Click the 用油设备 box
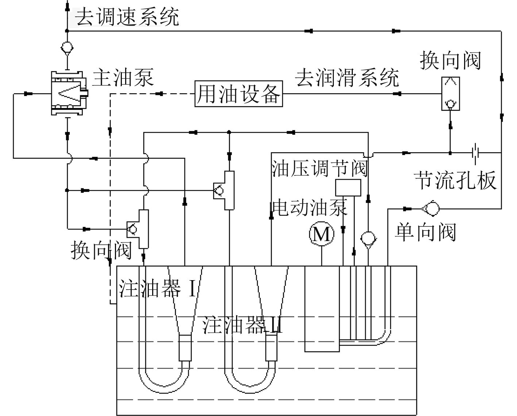239,94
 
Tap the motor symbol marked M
321,234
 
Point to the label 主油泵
123,78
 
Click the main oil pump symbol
69,93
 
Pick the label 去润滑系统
347,77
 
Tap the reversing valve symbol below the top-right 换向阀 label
450,94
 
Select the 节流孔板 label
455,180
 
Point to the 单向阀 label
425,232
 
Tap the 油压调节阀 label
320,169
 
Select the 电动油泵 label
310,207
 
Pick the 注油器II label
243,325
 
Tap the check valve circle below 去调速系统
67,48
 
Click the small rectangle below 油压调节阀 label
348,187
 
